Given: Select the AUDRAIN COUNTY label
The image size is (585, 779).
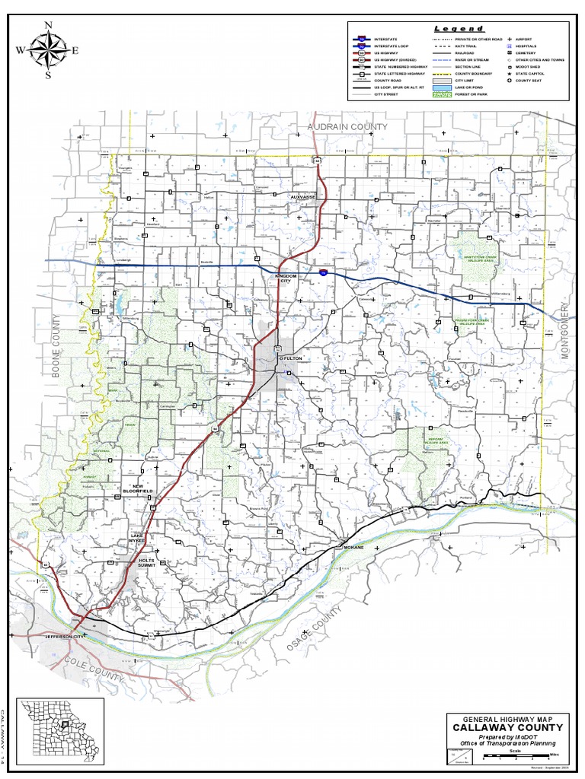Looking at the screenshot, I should [347, 126].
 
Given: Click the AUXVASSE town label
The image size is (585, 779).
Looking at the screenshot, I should [302, 196].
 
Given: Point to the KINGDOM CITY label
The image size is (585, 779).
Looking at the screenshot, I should [286, 279].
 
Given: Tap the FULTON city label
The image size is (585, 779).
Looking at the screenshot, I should [292, 358].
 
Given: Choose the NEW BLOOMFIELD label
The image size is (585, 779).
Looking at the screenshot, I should [138, 489].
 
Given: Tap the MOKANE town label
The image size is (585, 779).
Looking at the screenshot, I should [354, 547].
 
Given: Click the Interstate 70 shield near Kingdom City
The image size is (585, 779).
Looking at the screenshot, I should [324, 271].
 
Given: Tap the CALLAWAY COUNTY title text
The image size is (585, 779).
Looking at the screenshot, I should [508, 728].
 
